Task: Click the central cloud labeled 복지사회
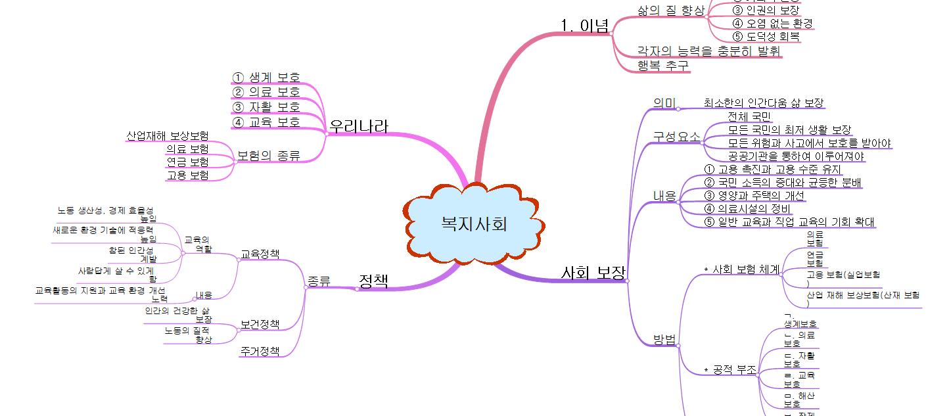pyautogui.click(x=474, y=224)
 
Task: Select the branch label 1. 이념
pyautogui.click(x=584, y=26)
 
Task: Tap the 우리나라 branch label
pyautogui.click(x=359, y=126)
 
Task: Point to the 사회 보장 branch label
pyautogui.click(x=593, y=273)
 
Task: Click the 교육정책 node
pyautogui.click(x=260, y=254)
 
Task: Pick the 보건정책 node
pyautogui.click(x=260, y=324)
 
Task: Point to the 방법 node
pyautogui.click(x=664, y=339)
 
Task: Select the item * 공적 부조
pyautogui.click(x=730, y=371)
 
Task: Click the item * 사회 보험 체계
pyautogui.click(x=741, y=269)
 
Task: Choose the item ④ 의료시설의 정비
pyautogui.click(x=747, y=208)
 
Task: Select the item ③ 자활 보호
pyautogui.click(x=266, y=106)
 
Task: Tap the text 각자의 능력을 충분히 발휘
pyautogui.click(x=709, y=51)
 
